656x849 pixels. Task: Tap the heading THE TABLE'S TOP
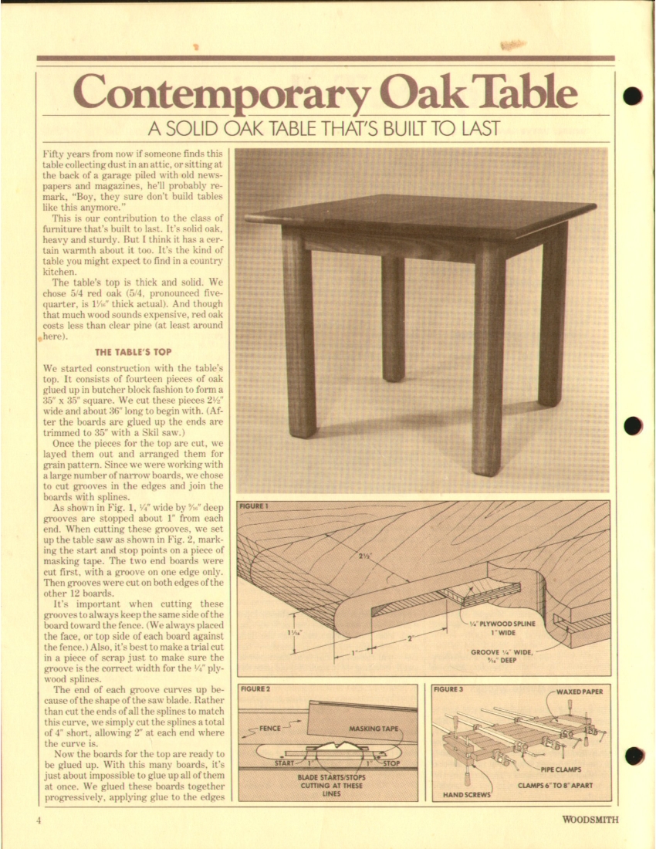[133, 352]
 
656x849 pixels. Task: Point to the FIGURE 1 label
[253, 506]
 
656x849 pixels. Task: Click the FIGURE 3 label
[448, 688]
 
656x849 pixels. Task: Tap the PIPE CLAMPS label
[560, 769]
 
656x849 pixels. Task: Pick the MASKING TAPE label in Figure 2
[374, 728]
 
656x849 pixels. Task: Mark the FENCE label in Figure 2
[269, 727]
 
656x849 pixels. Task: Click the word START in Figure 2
[285, 763]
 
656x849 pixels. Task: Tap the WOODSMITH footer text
[590, 820]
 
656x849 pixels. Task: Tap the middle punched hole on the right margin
[633, 425]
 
